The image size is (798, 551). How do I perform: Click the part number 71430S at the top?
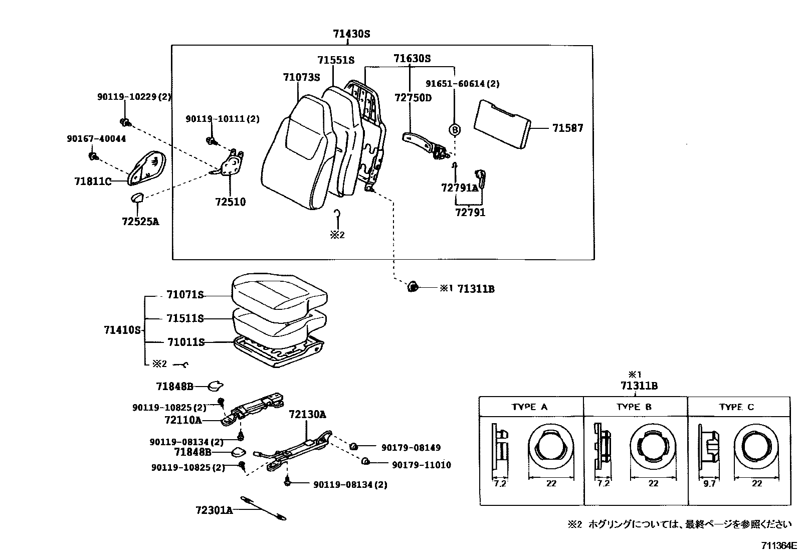click(x=351, y=34)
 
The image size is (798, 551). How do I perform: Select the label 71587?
click(x=567, y=128)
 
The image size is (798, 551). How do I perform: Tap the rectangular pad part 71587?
click(x=502, y=124)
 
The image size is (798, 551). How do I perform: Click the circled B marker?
click(x=455, y=130)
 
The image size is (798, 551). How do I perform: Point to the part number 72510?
click(x=231, y=202)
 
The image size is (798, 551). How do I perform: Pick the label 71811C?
click(x=93, y=181)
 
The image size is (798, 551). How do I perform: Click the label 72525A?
click(x=140, y=221)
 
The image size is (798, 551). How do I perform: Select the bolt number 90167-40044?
click(x=96, y=139)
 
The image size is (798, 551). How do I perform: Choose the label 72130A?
click(x=307, y=415)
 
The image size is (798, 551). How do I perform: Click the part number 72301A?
click(x=214, y=510)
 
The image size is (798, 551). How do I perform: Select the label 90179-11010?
click(x=421, y=465)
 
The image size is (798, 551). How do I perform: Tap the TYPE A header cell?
click(x=530, y=407)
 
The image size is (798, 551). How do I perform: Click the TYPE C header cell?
click(x=736, y=407)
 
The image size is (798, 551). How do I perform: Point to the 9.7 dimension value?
click(x=709, y=483)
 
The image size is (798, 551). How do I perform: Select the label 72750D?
click(x=413, y=98)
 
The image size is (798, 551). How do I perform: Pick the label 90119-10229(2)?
click(x=134, y=97)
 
